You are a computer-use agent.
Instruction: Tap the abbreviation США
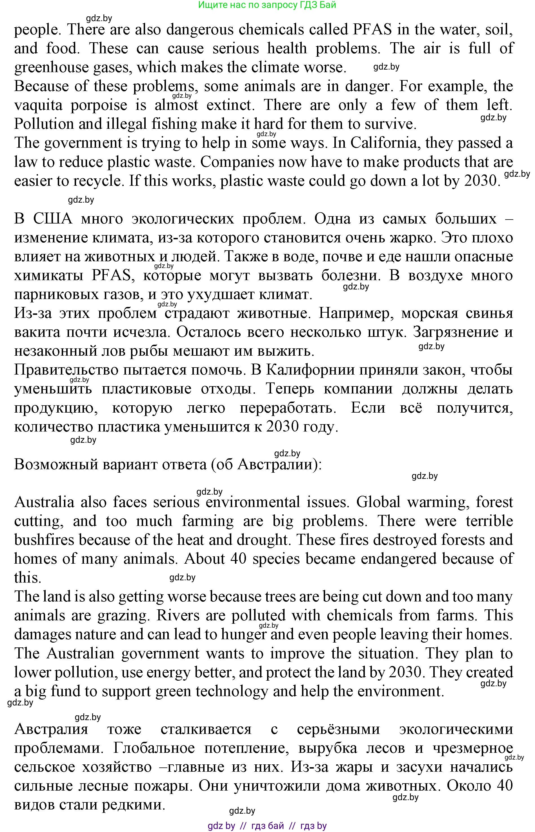coord(53,219)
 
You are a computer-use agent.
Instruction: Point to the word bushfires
coord(44,540)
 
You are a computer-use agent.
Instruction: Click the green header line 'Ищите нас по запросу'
coord(267,5)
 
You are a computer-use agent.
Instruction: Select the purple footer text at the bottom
coord(267,826)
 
